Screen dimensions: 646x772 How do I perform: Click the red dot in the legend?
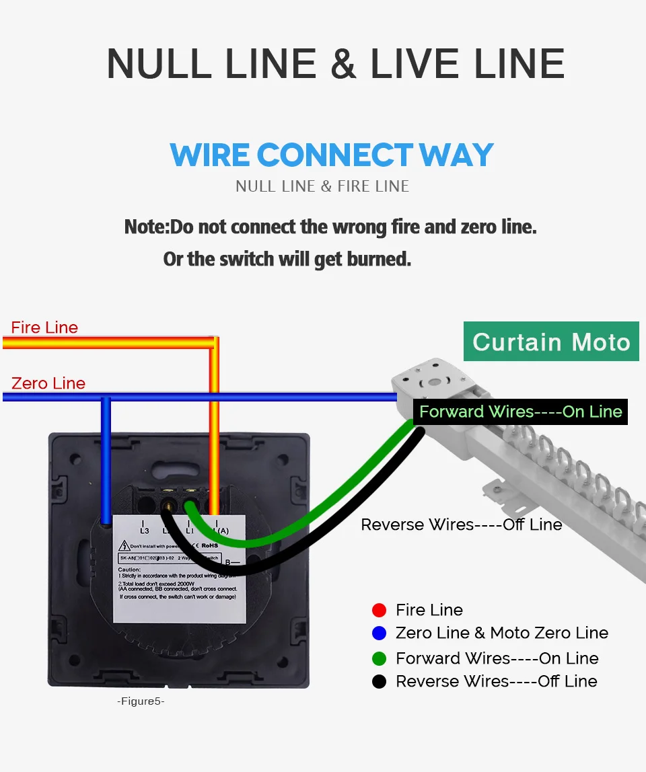[380, 610]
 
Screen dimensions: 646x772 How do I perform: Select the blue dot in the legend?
[380, 633]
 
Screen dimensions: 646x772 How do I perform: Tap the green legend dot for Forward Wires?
[380, 658]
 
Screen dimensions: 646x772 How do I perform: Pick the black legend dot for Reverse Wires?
[380, 681]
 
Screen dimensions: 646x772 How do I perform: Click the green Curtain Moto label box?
[551, 342]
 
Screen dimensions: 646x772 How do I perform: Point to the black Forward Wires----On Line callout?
[520, 412]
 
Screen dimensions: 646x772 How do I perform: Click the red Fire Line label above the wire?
[44, 327]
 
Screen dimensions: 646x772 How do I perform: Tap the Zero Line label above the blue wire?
[48, 383]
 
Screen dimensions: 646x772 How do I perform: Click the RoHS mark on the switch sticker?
[211, 545]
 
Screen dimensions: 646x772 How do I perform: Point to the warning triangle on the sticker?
[124, 546]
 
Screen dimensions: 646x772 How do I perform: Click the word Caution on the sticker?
[129, 570]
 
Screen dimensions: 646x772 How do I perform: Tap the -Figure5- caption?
[141, 701]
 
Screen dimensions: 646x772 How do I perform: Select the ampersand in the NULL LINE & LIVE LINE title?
[343, 64]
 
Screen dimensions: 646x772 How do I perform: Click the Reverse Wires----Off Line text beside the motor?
[462, 525]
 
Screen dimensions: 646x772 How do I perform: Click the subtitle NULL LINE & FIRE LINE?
[322, 186]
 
